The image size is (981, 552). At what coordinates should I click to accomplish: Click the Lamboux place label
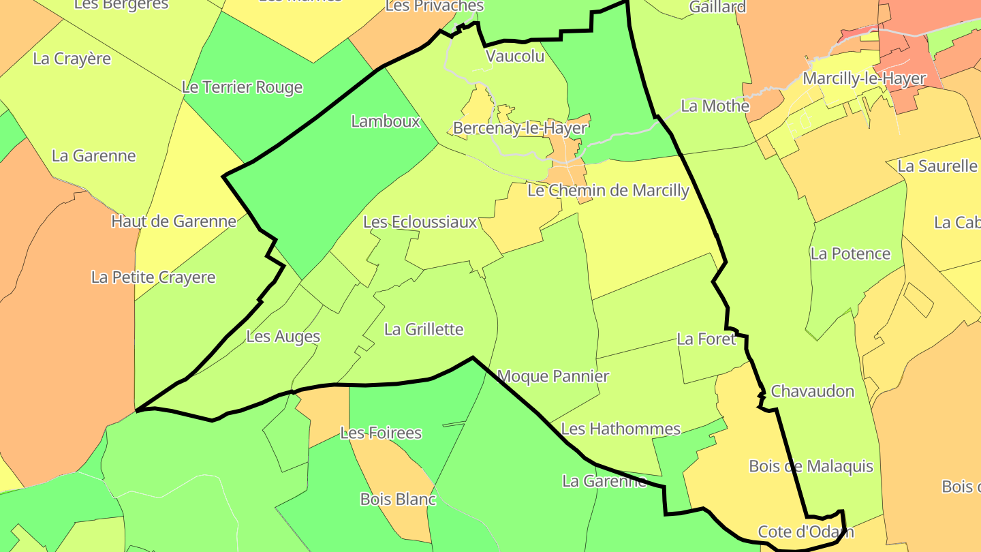pyautogui.click(x=386, y=121)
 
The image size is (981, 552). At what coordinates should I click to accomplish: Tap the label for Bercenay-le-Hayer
pyautogui.click(x=520, y=128)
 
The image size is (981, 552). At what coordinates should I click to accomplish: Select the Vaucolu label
pyautogui.click(x=515, y=56)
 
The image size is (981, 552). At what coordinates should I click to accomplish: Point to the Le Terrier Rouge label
pyautogui.click(x=242, y=87)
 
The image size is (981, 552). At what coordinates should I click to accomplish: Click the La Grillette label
pyautogui.click(x=424, y=329)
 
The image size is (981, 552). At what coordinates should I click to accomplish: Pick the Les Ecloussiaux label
pyautogui.click(x=420, y=222)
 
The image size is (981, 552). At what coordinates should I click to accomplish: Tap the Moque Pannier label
pyautogui.click(x=553, y=375)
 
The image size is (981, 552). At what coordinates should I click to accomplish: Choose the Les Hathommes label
pyautogui.click(x=620, y=429)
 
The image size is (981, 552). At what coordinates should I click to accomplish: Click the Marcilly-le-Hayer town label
pyautogui.click(x=864, y=78)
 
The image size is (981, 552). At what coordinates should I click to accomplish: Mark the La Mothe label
pyautogui.click(x=715, y=106)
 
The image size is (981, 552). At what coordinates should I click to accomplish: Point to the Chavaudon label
pyautogui.click(x=812, y=391)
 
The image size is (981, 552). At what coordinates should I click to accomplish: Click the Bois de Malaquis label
pyautogui.click(x=811, y=466)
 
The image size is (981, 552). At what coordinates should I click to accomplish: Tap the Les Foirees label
pyautogui.click(x=381, y=433)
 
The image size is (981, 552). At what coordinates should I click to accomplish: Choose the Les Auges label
pyautogui.click(x=283, y=336)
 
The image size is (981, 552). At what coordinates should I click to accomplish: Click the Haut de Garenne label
pyautogui.click(x=174, y=221)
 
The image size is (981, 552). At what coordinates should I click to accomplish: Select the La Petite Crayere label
pyautogui.click(x=153, y=277)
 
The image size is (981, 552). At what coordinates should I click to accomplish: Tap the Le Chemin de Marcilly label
pyautogui.click(x=608, y=190)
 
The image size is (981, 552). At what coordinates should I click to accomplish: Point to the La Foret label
pyautogui.click(x=706, y=339)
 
